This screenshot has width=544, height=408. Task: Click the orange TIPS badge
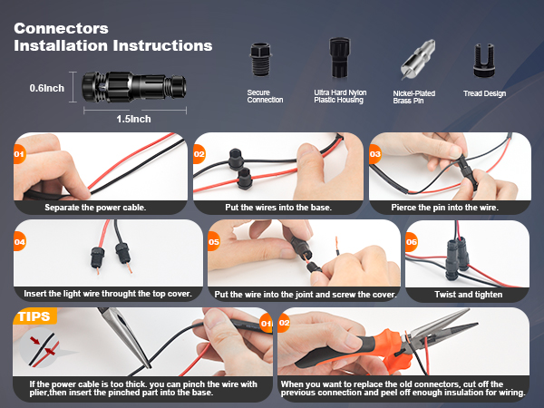pos(34,316)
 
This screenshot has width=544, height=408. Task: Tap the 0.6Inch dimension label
pos(47,88)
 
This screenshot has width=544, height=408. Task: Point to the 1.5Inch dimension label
pos(133,119)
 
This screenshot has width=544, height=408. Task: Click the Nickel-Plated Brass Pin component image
pos(418,59)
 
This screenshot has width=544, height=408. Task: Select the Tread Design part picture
pos(484,61)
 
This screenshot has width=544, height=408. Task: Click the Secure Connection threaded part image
pos(260,60)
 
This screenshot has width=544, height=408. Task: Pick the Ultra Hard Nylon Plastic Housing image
pos(339,58)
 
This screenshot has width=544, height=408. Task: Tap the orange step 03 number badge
pos(375,154)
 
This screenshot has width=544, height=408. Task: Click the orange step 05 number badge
pos(214,242)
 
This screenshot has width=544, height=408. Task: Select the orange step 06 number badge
pos(411,242)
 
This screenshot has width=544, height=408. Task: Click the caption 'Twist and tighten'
pos(469,295)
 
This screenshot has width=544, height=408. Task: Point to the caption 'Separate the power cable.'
pos(95,208)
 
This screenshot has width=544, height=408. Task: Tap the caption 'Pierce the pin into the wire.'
pos(445,208)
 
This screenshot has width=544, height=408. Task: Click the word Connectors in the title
pos(61,28)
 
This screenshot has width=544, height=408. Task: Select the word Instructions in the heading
pos(162,46)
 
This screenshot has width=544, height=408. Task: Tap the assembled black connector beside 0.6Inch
pos(134,87)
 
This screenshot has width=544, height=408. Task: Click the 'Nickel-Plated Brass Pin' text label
pos(414,97)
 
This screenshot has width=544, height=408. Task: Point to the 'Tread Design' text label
pos(485,93)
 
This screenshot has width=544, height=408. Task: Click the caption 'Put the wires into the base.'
pos(278,208)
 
